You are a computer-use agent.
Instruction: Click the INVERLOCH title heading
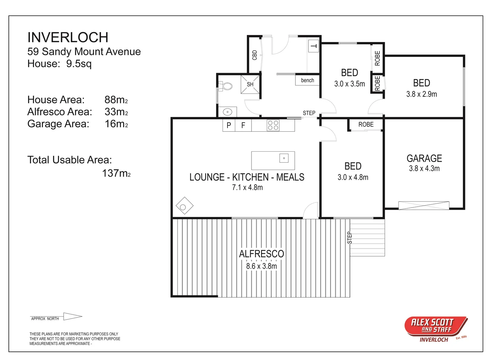tap(68, 37)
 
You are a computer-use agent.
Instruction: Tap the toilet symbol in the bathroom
tap(227, 86)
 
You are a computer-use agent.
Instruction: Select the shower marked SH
tap(250, 84)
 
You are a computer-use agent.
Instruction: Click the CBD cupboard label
tap(255, 55)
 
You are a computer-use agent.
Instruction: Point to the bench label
tap(307, 80)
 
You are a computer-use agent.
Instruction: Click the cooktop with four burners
tap(273, 125)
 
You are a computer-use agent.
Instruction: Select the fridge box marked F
tap(243, 125)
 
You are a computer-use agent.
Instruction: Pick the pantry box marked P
tap(229, 125)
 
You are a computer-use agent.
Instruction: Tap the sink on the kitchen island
tap(284, 158)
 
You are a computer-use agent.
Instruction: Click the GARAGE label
tap(424, 158)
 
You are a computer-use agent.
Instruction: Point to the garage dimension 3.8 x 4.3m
tap(424, 169)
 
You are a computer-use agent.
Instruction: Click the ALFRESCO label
tap(261, 254)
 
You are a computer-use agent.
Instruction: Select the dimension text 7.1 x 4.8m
tap(247, 188)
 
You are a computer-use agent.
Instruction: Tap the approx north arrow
tap(72, 316)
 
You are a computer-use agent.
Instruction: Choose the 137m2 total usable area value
tap(116, 173)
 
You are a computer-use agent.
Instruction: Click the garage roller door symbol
tap(423, 205)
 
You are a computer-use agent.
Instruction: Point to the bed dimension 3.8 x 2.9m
tap(421, 94)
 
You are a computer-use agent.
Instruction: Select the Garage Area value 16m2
tap(116, 124)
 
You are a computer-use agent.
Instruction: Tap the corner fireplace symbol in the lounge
tap(184, 206)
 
